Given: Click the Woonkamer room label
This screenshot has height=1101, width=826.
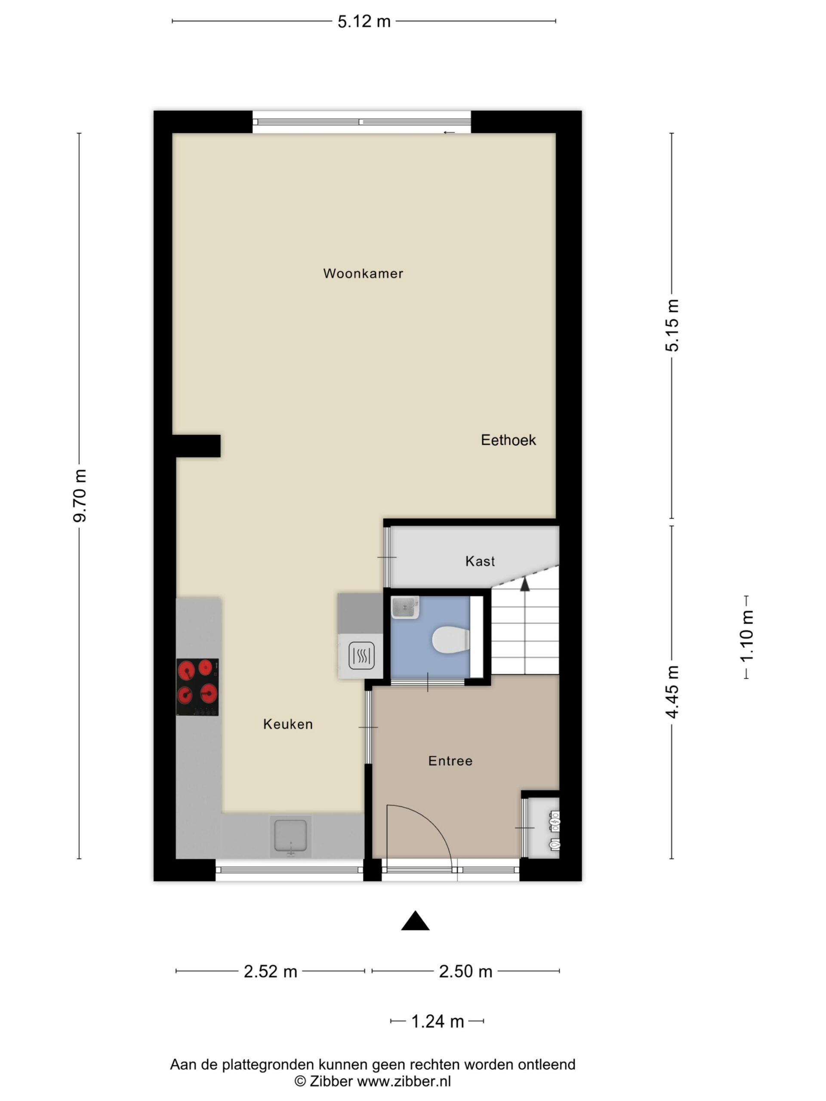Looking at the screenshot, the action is click(363, 273).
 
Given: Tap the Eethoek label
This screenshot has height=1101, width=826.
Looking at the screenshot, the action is click(509, 440).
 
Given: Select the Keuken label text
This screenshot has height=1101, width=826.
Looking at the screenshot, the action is click(288, 724).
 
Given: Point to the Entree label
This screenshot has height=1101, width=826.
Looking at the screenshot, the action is click(450, 760).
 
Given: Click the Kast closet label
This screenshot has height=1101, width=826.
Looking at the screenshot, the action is click(480, 561).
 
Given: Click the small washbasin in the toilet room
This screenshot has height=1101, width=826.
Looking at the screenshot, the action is click(405, 607).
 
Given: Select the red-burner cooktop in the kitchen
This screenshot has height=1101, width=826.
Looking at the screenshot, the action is click(197, 687).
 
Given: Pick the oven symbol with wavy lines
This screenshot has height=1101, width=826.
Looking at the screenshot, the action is click(361, 655).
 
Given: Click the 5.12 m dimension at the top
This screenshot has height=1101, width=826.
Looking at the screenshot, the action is click(364, 22).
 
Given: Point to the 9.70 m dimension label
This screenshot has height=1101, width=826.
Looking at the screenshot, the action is click(80, 496).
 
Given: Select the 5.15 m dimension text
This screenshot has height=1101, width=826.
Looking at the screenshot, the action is click(672, 326).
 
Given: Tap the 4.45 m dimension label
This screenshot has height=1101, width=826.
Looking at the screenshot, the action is click(672, 692).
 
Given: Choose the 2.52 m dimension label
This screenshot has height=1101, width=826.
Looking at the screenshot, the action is click(270, 971).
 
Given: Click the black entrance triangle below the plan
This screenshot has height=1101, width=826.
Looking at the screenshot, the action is click(415, 920).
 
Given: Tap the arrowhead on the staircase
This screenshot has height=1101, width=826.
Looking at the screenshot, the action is click(525, 584).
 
